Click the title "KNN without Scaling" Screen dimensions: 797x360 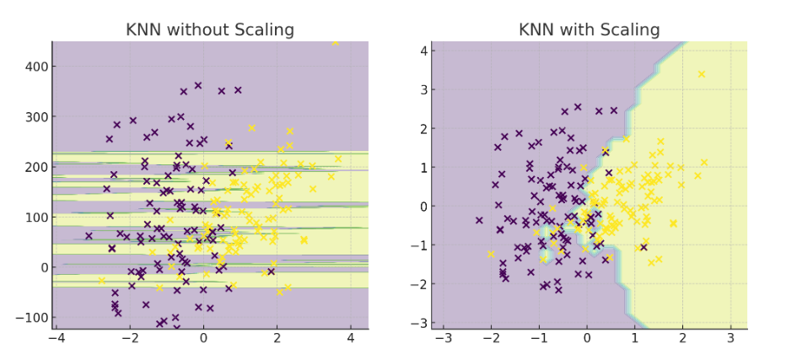[210, 30]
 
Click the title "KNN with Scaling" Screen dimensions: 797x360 [590, 30]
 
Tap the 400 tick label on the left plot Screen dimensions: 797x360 [35, 67]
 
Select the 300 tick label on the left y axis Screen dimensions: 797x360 [35, 117]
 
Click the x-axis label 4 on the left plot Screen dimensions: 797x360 [351, 338]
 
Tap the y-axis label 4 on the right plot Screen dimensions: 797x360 [422, 51]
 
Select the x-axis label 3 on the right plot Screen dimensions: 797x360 [730, 338]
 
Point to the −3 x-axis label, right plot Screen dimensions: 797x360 [444, 338]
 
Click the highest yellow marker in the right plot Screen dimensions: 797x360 [702, 74]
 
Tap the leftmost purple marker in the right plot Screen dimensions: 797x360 [479, 220]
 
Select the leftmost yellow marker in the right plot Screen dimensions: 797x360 [491, 254]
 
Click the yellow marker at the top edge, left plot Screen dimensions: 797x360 [335, 43]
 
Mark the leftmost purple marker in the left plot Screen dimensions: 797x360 [89, 236]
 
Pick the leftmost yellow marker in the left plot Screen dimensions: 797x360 [102, 280]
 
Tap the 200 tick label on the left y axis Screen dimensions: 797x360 [35, 167]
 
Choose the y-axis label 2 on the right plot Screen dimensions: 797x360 [422, 128]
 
